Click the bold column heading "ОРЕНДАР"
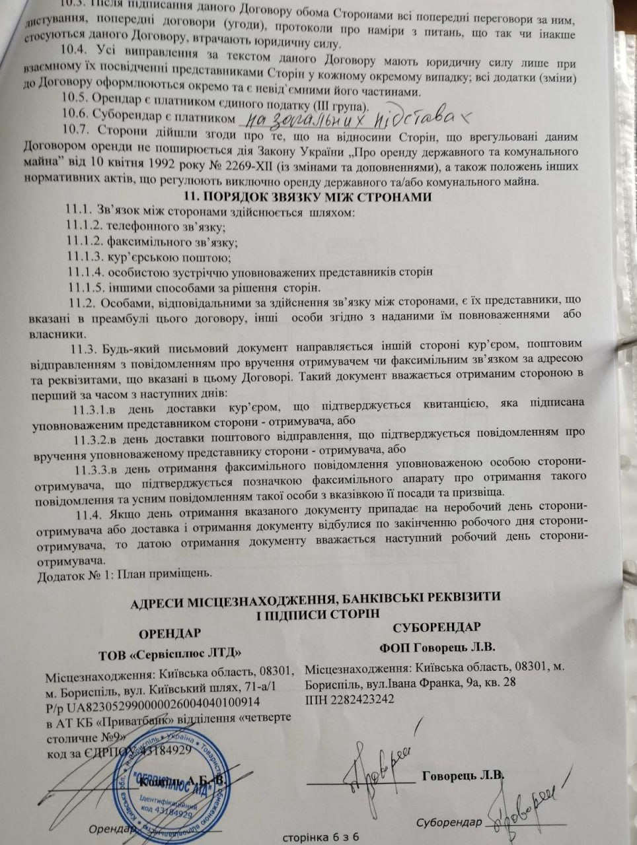(x=170, y=633)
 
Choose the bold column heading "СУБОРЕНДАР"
(x=436, y=625)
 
